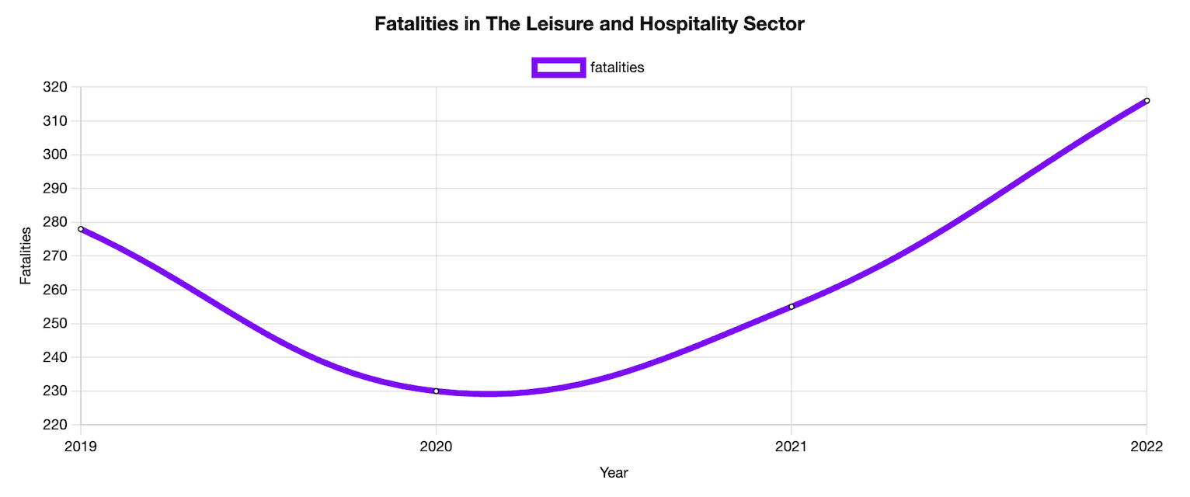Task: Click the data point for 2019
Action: (81, 229)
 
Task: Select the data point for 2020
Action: (436, 391)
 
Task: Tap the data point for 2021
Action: (792, 307)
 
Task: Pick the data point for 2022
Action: (1147, 100)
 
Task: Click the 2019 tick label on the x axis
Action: (81, 447)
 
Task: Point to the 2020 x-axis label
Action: (436, 447)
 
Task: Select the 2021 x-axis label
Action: (792, 447)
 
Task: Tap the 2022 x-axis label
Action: (1147, 447)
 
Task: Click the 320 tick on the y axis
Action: (57, 87)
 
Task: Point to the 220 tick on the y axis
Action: (57, 426)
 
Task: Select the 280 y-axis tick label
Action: (57, 222)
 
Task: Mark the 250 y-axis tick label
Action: (57, 324)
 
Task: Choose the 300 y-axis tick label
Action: (57, 155)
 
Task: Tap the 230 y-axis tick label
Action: (57, 391)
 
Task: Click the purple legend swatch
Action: (558, 68)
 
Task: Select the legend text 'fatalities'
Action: (618, 68)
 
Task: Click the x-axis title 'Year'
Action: (614, 473)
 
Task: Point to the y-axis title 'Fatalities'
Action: (26, 255)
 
